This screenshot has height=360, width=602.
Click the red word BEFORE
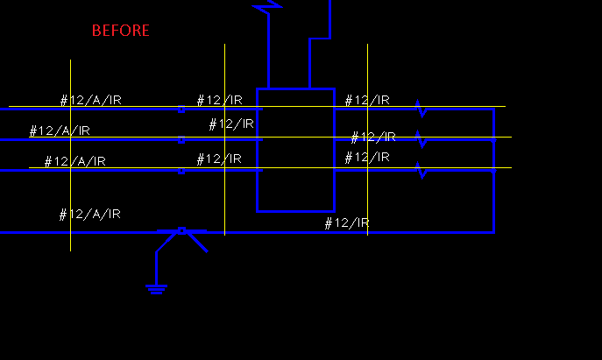(121, 31)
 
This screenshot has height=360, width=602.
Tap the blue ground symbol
(157, 287)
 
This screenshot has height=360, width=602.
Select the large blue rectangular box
(295, 150)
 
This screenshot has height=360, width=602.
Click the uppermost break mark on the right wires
(421, 109)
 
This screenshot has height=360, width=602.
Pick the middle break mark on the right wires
(421, 138)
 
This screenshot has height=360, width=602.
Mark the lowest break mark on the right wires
(421, 169)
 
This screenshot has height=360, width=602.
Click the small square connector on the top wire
(181, 109)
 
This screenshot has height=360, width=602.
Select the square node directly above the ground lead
(181, 230)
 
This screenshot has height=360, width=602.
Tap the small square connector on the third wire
(181, 171)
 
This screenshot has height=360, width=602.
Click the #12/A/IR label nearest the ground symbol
(90, 214)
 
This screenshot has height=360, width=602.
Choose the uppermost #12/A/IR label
(91, 100)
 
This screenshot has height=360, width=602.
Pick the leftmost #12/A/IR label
(60, 131)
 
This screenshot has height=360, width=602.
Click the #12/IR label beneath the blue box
(347, 223)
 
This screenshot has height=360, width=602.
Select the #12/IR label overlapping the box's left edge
(231, 124)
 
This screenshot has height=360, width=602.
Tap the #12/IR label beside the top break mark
(367, 100)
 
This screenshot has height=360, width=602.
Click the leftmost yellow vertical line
(70, 193)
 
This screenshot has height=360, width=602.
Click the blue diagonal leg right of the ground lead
(197, 243)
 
